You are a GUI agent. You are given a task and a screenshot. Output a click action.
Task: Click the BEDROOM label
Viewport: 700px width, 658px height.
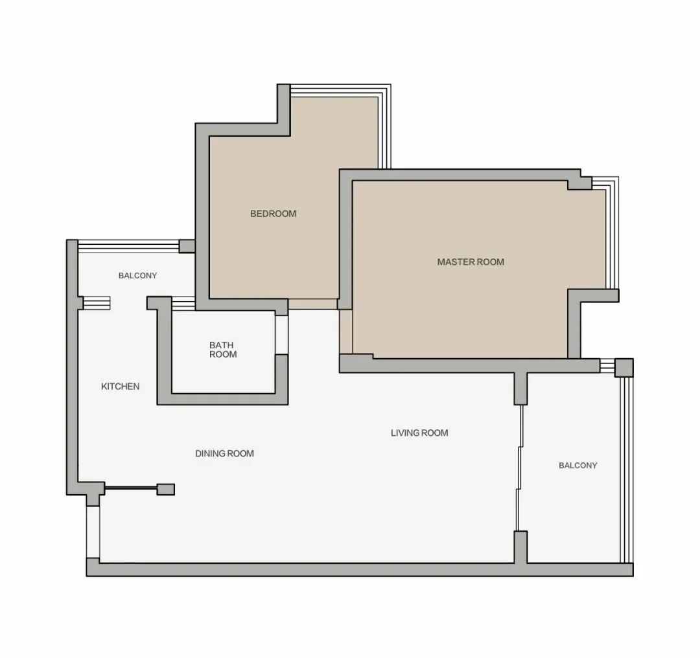click(x=274, y=214)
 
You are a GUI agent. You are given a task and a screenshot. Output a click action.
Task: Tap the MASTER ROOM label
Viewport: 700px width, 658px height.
click(x=471, y=262)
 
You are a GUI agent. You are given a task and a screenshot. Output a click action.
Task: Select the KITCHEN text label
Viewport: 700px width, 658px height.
click(x=120, y=387)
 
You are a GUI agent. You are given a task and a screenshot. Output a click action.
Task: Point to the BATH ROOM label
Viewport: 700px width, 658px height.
click(x=223, y=350)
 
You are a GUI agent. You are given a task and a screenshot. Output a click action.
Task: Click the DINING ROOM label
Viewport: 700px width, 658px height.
click(x=224, y=454)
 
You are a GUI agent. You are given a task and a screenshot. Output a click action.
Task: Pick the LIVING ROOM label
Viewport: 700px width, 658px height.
click(x=419, y=433)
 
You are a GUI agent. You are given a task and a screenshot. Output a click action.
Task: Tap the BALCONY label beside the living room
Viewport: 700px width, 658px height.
click(x=577, y=465)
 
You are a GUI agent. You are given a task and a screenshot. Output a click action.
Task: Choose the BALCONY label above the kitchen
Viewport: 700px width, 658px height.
click(x=137, y=276)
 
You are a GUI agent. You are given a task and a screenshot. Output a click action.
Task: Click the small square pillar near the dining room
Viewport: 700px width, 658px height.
click(x=166, y=490)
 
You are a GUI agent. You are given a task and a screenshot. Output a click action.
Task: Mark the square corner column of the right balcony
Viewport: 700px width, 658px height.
click(x=624, y=368)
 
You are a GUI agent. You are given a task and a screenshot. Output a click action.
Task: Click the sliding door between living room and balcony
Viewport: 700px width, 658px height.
click(x=519, y=468)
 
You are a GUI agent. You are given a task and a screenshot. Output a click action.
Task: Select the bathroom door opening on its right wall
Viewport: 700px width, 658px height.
click(x=281, y=335)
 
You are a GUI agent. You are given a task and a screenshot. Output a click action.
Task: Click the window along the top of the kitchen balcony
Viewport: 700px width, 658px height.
click(x=128, y=246)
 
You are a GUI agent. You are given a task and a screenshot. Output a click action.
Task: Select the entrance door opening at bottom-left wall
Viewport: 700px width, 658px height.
click(x=93, y=532)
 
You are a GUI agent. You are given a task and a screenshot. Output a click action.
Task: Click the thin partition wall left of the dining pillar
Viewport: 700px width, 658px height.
click(x=130, y=488)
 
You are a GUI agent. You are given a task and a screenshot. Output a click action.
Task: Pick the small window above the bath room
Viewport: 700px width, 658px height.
click(x=183, y=304)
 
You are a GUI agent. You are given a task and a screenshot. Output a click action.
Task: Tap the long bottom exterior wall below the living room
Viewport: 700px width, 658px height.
click(x=360, y=570)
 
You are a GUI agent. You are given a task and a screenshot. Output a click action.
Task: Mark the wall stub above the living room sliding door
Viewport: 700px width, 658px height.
click(x=520, y=389)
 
